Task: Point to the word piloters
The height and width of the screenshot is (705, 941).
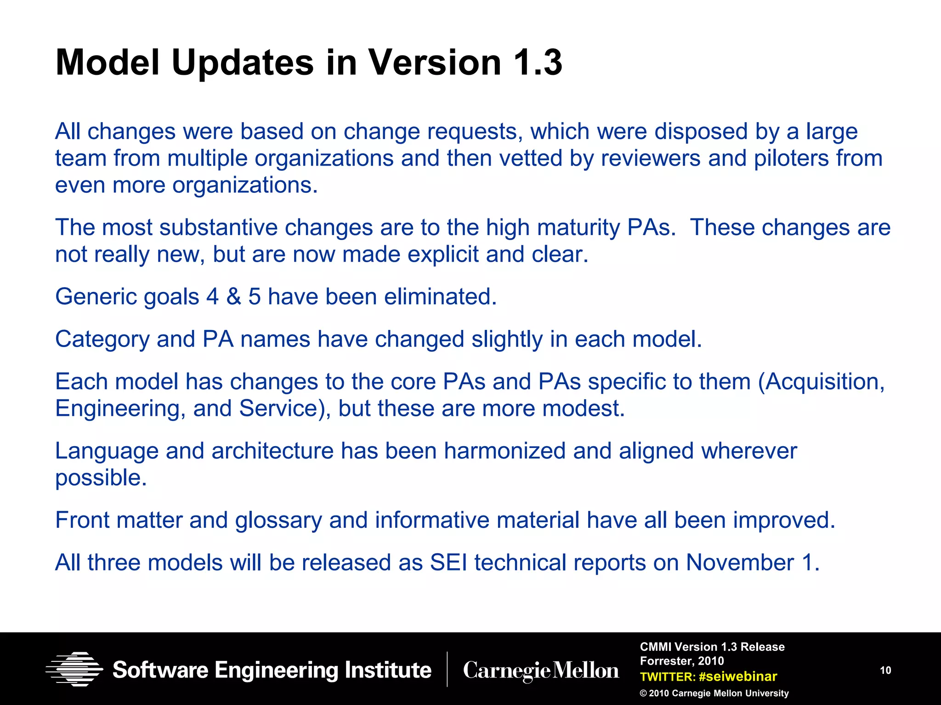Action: click(x=791, y=158)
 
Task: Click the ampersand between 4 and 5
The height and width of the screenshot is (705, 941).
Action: click(x=233, y=297)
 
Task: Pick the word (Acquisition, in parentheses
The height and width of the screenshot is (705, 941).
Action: click(x=821, y=382)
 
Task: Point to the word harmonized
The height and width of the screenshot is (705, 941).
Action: click(x=505, y=451)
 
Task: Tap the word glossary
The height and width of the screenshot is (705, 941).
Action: click(x=278, y=520)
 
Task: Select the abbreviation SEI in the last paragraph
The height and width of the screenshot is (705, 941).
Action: click(x=448, y=563)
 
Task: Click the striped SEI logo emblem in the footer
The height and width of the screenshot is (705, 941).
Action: click(x=74, y=669)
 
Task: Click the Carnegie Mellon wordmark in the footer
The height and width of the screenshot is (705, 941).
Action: click(x=541, y=670)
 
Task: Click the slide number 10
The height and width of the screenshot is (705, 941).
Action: click(x=885, y=670)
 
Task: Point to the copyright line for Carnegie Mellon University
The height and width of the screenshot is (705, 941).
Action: click(x=714, y=693)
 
